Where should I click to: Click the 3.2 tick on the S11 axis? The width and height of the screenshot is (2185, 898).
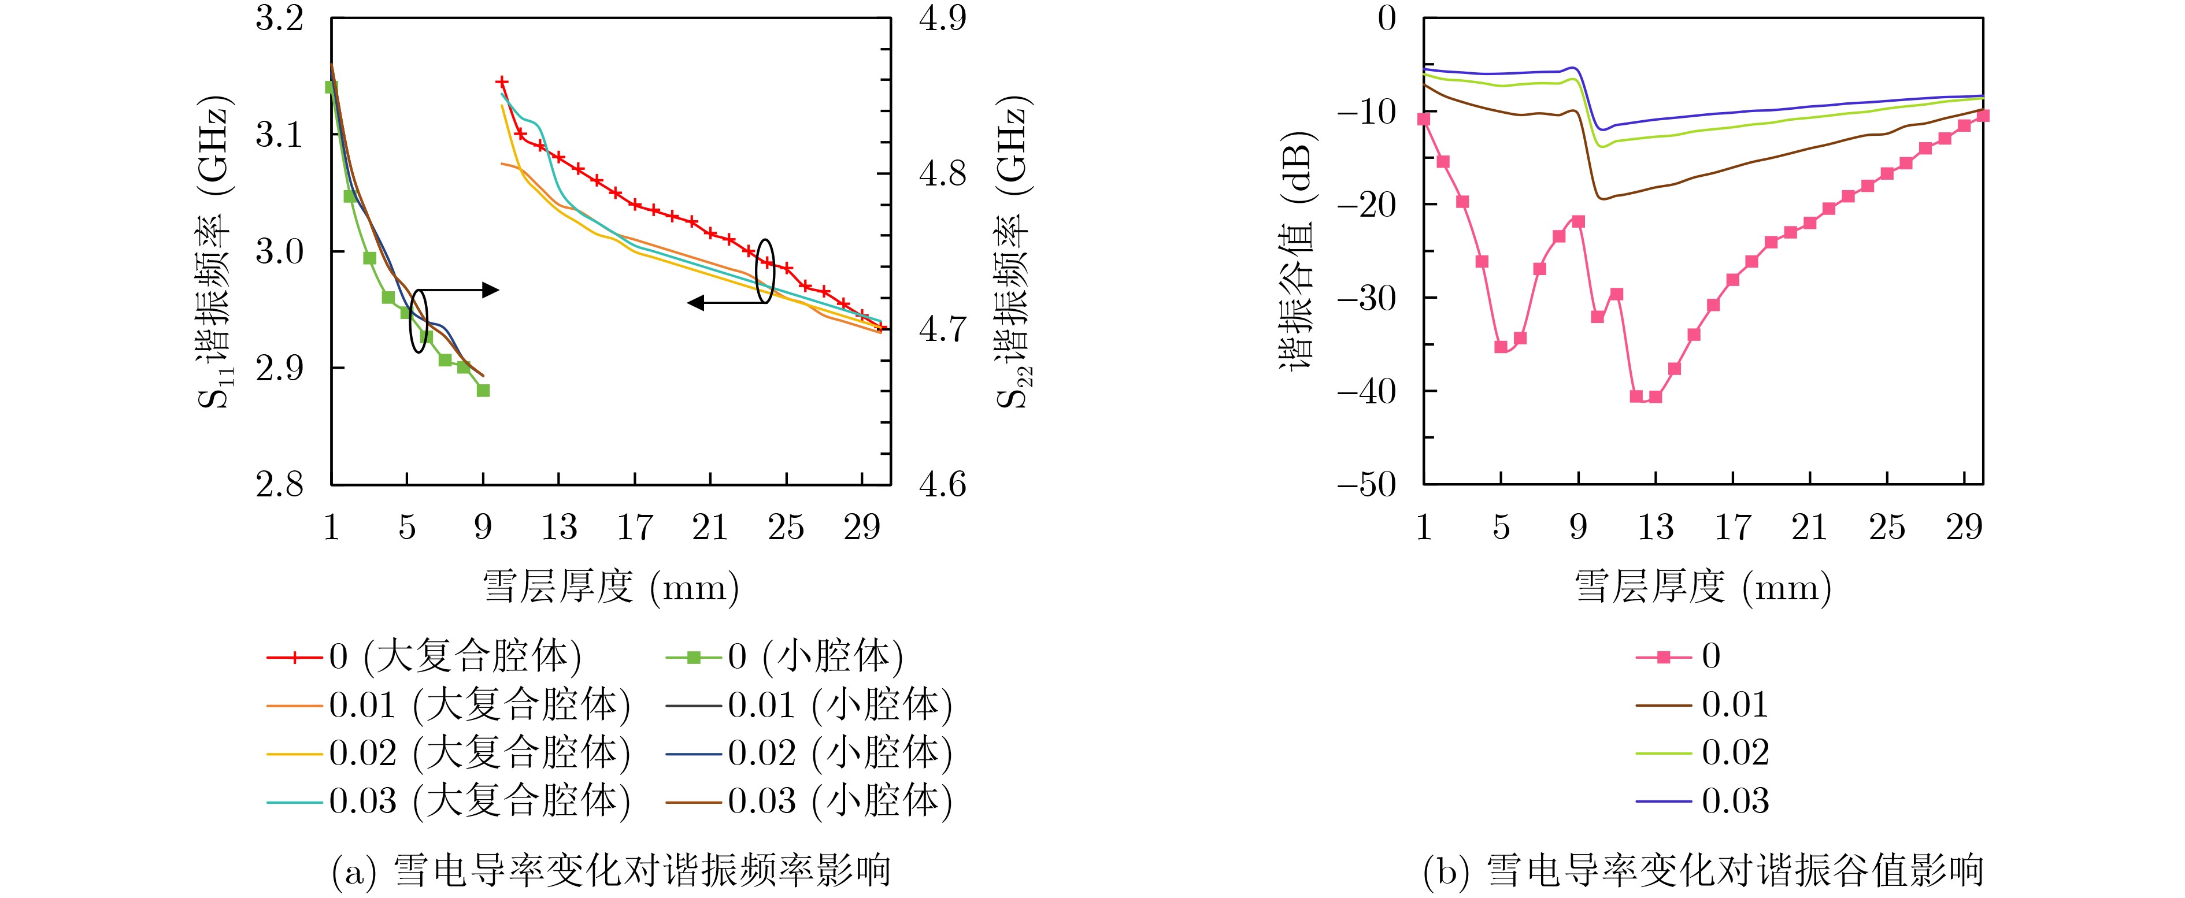[x=279, y=18]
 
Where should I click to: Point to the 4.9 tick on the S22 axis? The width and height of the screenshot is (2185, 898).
[x=942, y=18]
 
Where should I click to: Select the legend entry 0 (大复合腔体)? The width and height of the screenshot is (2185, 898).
[x=424, y=656]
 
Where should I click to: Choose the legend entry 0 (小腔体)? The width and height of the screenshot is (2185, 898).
[x=784, y=656]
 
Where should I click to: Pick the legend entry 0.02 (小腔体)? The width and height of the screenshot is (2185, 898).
[x=809, y=753]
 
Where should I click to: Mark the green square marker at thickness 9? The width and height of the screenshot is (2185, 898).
[x=483, y=390]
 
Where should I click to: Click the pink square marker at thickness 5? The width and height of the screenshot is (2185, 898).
[x=1501, y=347]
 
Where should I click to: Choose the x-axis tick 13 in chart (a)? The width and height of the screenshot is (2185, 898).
[x=559, y=528]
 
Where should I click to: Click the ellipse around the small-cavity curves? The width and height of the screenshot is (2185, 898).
[x=418, y=321]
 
